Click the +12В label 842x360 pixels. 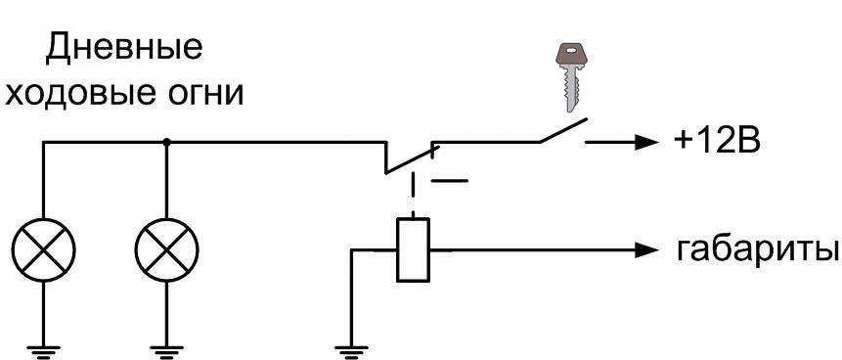pyautogui.click(x=717, y=142)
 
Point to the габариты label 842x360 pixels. pyautogui.click(x=758, y=249)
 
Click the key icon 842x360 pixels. pyautogui.click(x=571, y=77)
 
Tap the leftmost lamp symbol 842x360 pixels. pyautogui.click(x=43, y=250)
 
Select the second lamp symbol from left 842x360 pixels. pyautogui.click(x=167, y=250)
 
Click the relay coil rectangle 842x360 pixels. pyautogui.click(x=413, y=249)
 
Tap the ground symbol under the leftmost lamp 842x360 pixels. pyautogui.click(x=43, y=351)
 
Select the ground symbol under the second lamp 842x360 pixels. pyautogui.click(x=167, y=351)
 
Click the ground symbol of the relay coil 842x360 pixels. pyautogui.click(x=351, y=351)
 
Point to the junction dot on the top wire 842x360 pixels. pyautogui.click(x=167, y=143)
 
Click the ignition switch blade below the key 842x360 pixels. pyautogui.click(x=563, y=130)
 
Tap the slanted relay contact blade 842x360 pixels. pyautogui.click(x=413, y=159)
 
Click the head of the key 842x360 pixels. pyautogui.click(x=571, y=55)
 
